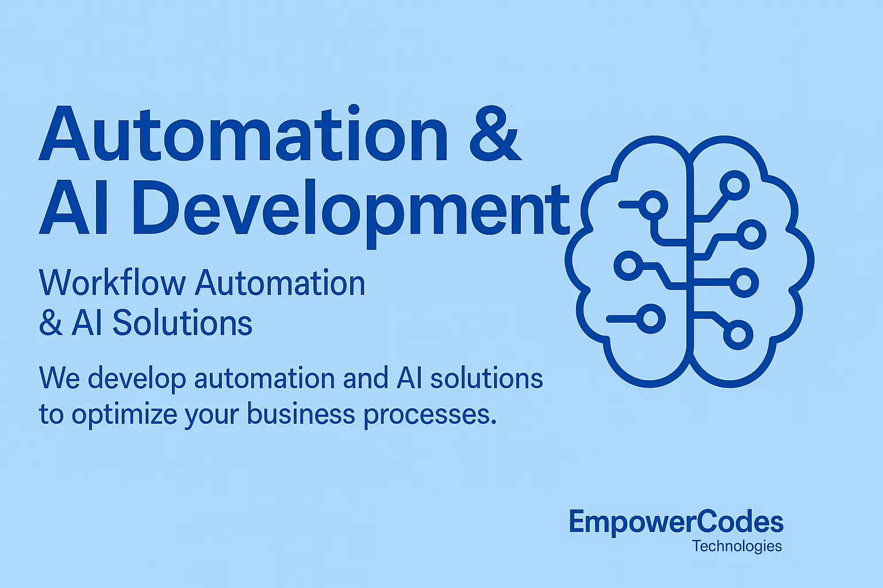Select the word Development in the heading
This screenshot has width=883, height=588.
[351, 210]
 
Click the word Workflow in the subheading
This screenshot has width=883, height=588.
[113, 283]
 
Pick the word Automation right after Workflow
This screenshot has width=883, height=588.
[280, 283]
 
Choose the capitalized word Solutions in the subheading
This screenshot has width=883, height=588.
[182, 323]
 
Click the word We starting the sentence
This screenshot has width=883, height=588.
[59, 378]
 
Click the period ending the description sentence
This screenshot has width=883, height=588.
[493, 422]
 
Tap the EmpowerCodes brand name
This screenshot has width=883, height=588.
[676, 522]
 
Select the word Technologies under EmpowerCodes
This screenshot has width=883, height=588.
[737, 546]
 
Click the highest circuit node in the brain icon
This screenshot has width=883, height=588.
[734, 185]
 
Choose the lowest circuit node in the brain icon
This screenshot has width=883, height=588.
[738, 334]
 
